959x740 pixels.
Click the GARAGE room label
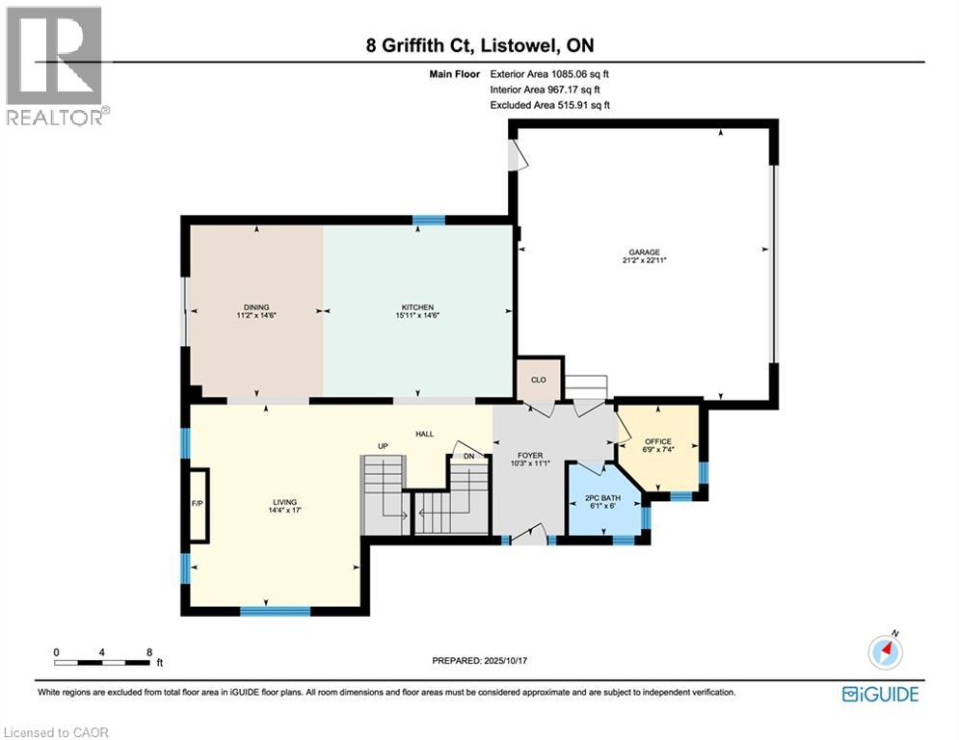pyautogui.click(x=646, y=252)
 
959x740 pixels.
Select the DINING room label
pyautogui.click(x=255, y=307)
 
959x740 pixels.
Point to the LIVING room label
pyautogui.click(x=283, y=501)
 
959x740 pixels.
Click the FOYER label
pyautogui.click(x=531, y=455)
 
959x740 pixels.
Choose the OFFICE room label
pyautogui.click(x=658, y=441)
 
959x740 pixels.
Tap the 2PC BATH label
pyautogui.click(x=601, y=498)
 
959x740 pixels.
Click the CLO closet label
pyautogui.click(x=539, y=380)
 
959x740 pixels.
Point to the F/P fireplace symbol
pyautogui.click(x=199, y=503)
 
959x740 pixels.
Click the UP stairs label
pyautogui.click(x=383, y=446)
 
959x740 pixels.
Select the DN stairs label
pyautogui.click(x=468, y=456)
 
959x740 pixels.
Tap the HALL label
pyautogui.click(x=424, y=434)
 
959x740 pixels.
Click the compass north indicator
pyautogui.click(x=885, y=651)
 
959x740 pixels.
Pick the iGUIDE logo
pyautogui.click(x=879, y=694)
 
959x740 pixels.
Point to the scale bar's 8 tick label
pyautogui.click(x=148, y=651)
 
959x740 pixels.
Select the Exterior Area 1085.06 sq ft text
pyautogui.click(x=549, y=73)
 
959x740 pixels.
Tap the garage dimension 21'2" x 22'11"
pyautogui.click(x=646, y=260)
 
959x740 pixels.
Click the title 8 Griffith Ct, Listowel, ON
pyautogui.click(x=479, y=46)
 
